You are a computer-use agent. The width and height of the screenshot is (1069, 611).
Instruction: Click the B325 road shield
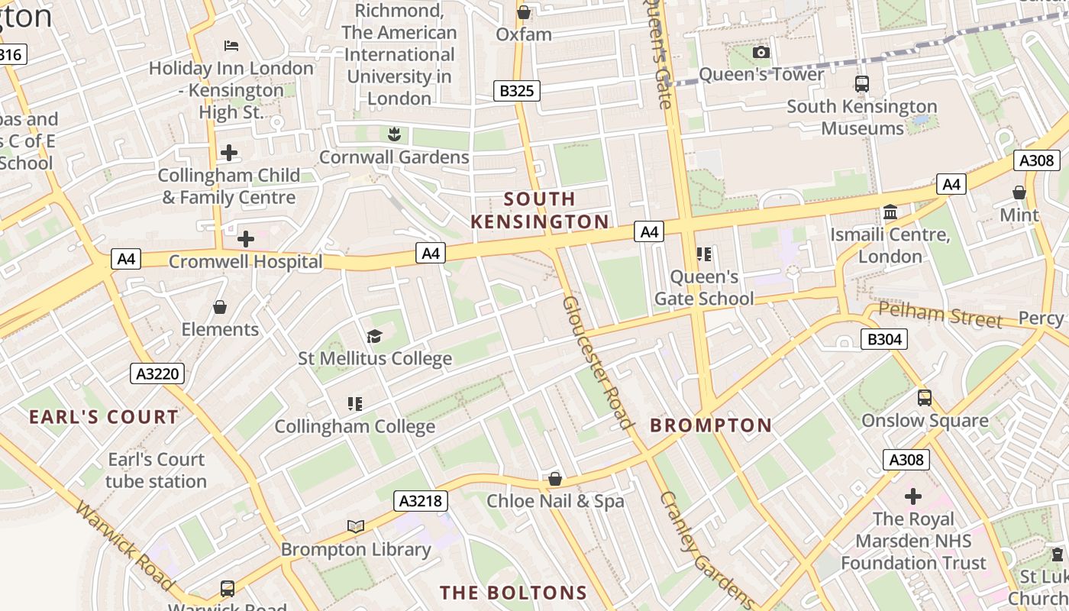click(x=516, y=91)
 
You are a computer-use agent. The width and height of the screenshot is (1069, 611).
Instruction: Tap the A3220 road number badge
click(x=157, y=373)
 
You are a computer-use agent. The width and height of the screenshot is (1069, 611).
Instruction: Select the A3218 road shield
click(x=420, y=501)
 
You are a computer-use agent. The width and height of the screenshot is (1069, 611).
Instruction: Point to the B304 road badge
click(x=883, y=339)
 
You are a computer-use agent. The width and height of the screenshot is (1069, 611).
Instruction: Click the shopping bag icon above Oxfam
click(x=524, y=12)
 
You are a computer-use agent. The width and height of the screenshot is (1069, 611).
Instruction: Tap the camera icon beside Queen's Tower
click(x=761, y=52)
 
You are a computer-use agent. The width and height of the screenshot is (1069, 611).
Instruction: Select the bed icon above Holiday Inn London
click(x=231, y=46)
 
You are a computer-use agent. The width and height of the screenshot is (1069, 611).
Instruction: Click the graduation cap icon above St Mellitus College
click(x=374, y=336)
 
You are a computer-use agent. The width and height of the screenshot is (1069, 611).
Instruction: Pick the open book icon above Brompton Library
click(x=355, y=526)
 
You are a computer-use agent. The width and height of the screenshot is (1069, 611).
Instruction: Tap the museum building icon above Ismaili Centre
click(x=890, y=212)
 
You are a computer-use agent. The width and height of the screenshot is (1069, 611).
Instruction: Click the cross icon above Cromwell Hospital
click(x=245, y=239)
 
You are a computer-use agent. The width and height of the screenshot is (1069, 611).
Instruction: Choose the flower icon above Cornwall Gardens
click(x=394, y=134)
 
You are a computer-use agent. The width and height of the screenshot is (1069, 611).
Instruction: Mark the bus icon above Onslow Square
click(x=925, y=398)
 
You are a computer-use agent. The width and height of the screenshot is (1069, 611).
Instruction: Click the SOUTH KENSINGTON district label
click(x=540, y=211)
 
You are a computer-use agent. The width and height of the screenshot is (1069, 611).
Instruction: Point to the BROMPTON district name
click(x=711, y=425)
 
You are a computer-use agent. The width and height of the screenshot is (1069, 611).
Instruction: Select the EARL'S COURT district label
click(x=104, y=417)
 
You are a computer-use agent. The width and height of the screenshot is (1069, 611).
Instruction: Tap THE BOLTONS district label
click(x=513, y=593)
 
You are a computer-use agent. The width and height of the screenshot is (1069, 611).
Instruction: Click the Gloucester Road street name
click(x=598, y=363)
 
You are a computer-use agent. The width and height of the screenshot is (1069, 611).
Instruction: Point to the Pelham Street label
click(x=939, y=314)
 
